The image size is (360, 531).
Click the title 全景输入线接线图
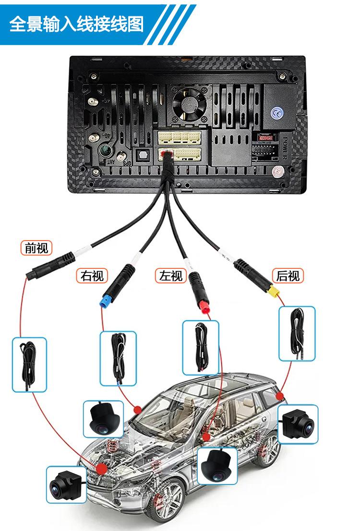77,24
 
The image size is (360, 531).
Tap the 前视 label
36,248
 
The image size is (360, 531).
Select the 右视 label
92,276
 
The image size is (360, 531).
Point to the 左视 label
171,276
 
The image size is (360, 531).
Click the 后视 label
288,276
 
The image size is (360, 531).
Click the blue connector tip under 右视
103,303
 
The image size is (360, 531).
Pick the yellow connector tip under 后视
275,292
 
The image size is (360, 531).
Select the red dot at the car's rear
280,396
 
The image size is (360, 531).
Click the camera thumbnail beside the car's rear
298,423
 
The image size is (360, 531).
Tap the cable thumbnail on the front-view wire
29,364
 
